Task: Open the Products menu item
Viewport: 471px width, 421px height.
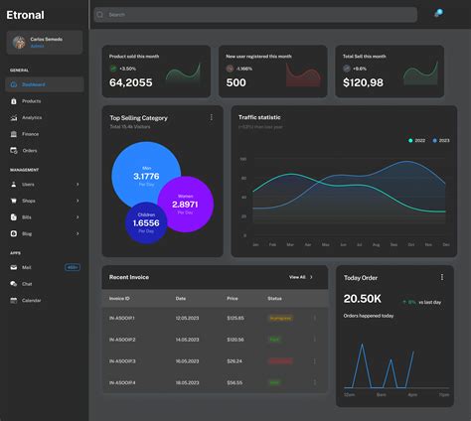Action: [31, 101]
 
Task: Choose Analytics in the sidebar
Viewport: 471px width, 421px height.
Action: [32, 117]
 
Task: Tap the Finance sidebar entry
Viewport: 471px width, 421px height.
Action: [31, 133]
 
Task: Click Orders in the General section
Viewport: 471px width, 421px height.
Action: [30, 150]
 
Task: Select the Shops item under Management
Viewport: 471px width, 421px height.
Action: [29, 201]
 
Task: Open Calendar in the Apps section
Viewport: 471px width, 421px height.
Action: [32, 300]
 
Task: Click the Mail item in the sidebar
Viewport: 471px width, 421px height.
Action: [27, 267]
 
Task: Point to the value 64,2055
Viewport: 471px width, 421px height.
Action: [131, 82]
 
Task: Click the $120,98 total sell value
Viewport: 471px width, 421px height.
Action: [364, 82]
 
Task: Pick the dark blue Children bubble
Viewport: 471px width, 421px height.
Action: [146, 222]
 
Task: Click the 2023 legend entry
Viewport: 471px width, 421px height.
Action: [440, 141]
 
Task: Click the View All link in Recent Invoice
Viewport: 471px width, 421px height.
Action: [299, 277]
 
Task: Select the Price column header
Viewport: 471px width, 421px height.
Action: [233, 298]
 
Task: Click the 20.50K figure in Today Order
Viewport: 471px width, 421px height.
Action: [362, 299]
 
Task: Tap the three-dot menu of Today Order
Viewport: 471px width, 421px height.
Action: [442, 277]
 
